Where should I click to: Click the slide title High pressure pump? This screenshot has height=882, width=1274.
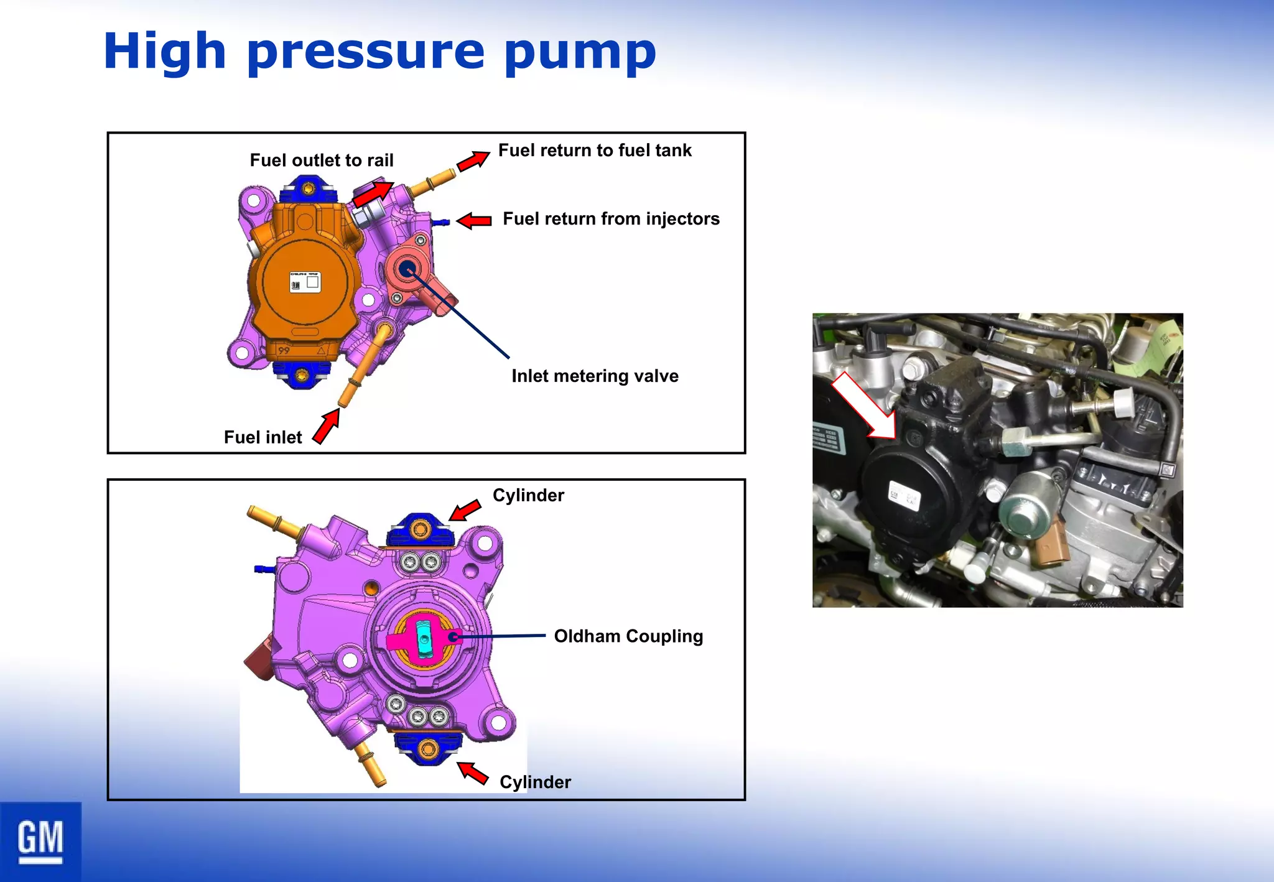(x=379, y=52)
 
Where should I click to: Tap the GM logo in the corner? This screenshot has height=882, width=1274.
(x=40, y=841)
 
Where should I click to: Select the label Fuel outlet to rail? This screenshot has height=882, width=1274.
(x=322, y=160)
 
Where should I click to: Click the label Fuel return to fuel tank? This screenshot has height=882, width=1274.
(x=595, y=151)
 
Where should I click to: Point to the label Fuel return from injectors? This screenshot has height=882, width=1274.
(x=611, y=219)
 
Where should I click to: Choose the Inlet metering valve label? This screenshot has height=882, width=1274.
(x=595, y=376)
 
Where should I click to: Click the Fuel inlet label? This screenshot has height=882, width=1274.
(x=263, y=437)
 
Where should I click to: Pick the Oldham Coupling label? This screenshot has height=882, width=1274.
(x=628, y=636)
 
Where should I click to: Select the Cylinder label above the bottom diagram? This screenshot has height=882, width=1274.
(x=528, y=495)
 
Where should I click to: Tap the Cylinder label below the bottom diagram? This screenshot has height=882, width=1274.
(x=535, y=782)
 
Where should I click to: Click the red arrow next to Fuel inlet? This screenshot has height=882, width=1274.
(x=327, y=427)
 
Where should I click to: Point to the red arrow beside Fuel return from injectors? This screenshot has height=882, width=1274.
(x=474, y=220)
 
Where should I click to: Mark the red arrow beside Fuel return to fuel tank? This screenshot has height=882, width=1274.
(x=473, y=160)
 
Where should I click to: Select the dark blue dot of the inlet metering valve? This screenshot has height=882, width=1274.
(x=407, y=269)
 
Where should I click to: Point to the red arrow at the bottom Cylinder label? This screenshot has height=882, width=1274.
(x=473, y=773)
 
